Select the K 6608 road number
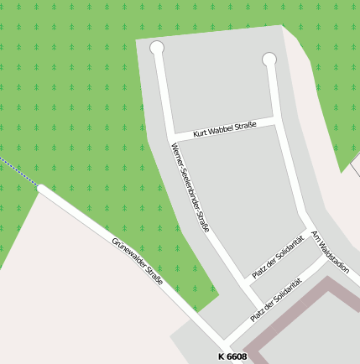pyautogui.click(x=232, y=357)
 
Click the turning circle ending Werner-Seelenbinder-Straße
pyautogui.click(x=157, y=48)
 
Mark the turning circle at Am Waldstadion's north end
pyautogui.click(x=269, y=60)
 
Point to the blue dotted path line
pyautogui.click(x=17, y=171)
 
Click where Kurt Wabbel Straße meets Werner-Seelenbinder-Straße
pyautogui.click(x=170, y=138)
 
